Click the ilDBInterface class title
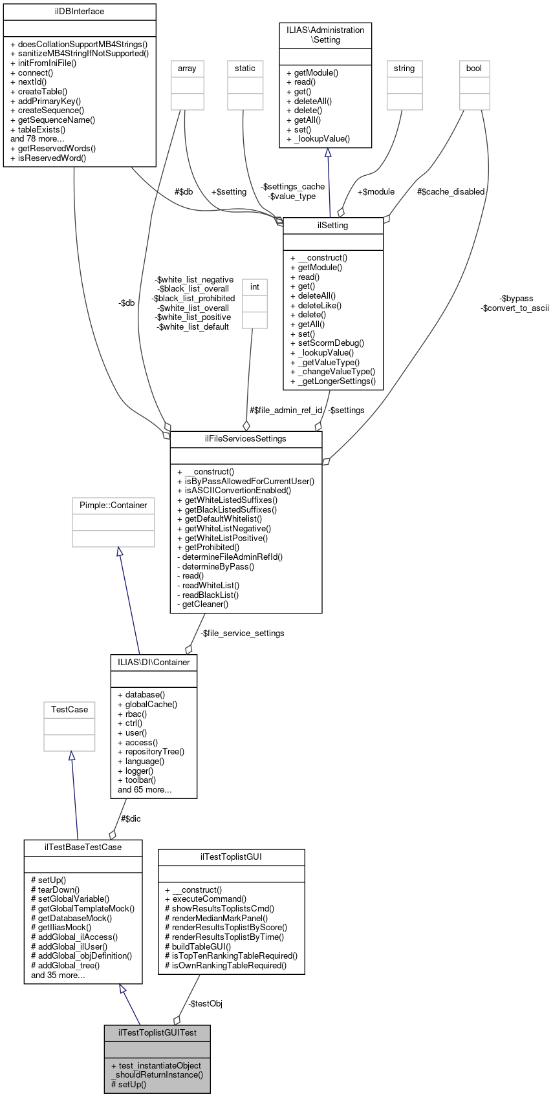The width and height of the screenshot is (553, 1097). point(80,12)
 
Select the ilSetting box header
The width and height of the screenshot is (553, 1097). point(333,226)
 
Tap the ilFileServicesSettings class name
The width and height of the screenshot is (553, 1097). point(246,439)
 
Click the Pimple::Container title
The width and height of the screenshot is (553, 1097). point(113,506)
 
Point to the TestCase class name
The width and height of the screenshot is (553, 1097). point(69,710)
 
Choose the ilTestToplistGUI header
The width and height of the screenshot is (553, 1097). point(231,857)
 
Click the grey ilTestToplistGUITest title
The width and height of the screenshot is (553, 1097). point(157,1032)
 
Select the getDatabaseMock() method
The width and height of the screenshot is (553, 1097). point(74,918)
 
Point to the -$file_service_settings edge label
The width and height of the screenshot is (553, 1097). point(242,634)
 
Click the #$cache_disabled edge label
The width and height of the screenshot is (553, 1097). point(451,192)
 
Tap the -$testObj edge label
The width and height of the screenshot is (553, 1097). point(205,1004)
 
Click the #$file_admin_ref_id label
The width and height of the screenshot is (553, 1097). point(286,410)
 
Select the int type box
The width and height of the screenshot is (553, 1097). point(255,287)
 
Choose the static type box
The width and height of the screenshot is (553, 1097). point(245,69)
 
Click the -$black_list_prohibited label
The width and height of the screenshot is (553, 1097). point(193,299)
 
